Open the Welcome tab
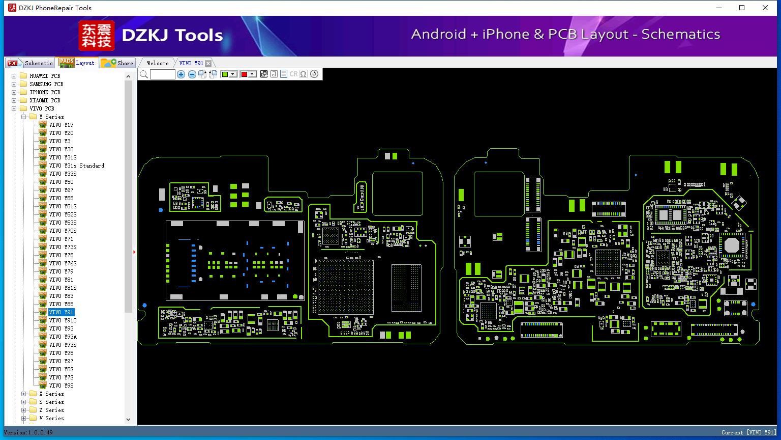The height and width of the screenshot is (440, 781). pyautogui.click(x=158, y=63)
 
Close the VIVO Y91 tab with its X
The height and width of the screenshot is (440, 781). pyautogui.click(x=208, y=63)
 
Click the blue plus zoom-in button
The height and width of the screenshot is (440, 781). pyautogui.click(x=181, y=74)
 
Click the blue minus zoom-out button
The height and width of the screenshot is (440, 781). pyautogui.click(x=192, y=74)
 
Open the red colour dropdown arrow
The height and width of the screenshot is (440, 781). pyautogui.click(x=252, y=74)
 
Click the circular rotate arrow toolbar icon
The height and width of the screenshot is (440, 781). pyautogui.click(x=314, y=74)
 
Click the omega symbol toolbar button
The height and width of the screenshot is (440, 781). pyautogui.click(x=304, y=74)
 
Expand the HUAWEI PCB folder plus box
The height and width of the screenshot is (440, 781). pyautogui.click(x=14, y=76)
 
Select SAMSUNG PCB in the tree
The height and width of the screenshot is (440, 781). pyautogui.click(x=46, y=84)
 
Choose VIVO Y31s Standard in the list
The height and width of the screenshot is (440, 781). pyautogui.click(x=76, y=166)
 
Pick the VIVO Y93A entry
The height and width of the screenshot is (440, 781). pyautogui.click(x=63, y=337)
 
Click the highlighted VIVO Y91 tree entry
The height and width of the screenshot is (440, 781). pyautogui.click(x=62, y=312)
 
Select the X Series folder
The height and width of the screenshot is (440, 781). pyautogui.click(x=51, y=394)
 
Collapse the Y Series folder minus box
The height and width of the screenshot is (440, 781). pyautogui.click(x=24, y=117)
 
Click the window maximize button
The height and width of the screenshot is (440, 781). pyautogui.click(x=742, y=8)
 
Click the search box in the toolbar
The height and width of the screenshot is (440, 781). pyautogui.click(x=163, y=74)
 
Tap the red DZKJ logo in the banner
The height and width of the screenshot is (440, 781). pyautogui.click(x=97, y=36)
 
